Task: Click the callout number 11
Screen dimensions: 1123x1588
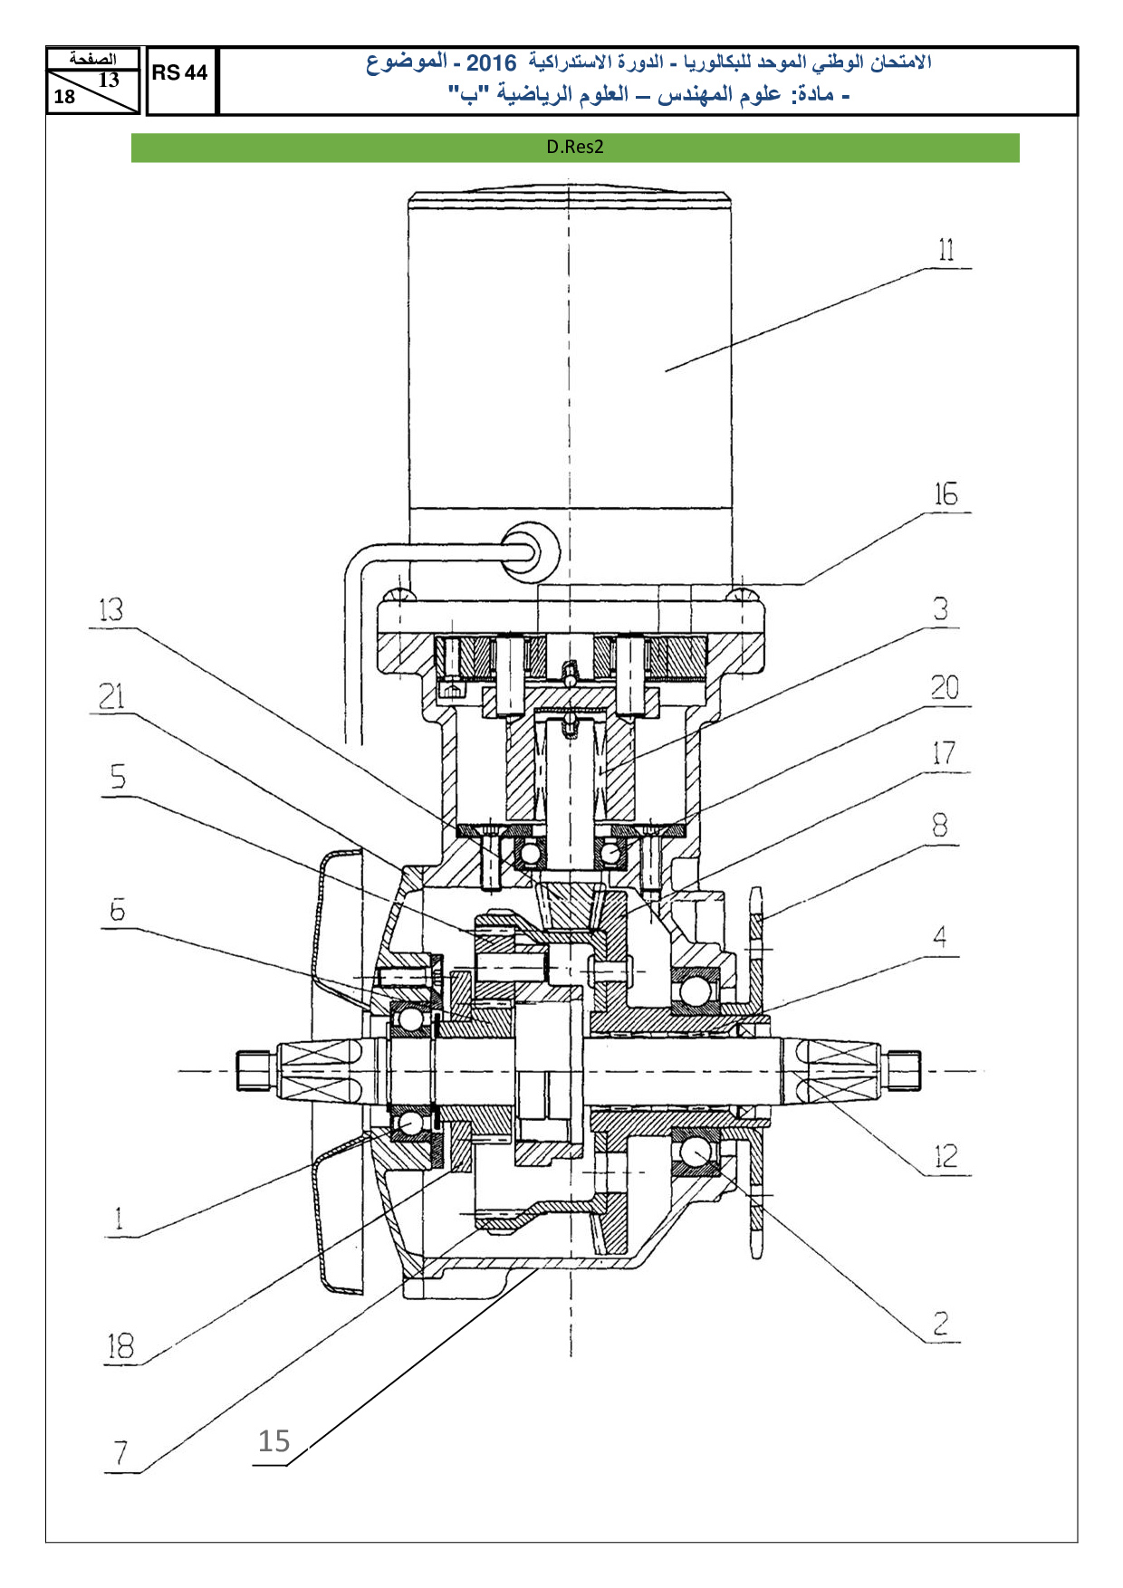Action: tap(946, 250)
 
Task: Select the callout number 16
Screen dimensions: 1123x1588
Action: tap(945, 494)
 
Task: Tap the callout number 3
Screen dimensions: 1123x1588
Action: tap(942, 609)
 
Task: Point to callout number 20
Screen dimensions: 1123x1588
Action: tap(945, 688)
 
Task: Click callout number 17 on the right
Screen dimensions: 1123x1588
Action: tap(944, 753)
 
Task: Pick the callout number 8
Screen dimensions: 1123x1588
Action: tap(940, 825)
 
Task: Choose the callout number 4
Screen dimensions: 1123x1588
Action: tap(941, 937)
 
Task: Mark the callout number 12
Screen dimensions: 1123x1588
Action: tap(945, 1156)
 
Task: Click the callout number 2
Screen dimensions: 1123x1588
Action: tap(941, 1325)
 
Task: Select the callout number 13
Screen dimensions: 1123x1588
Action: tap(110, 610)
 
